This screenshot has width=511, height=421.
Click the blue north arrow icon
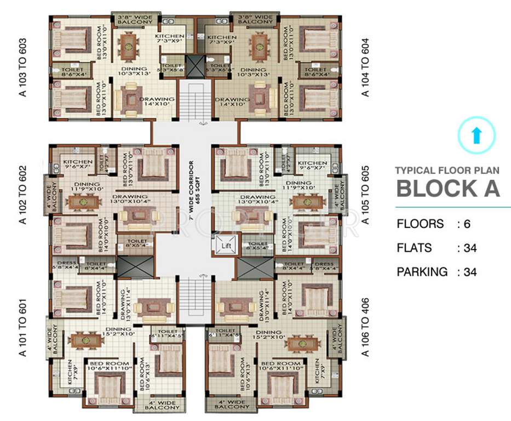click(x=476, y=135)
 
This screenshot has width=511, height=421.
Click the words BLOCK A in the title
click(x=448, y=188)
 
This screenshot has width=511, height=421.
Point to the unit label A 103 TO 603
click(x=22, y=67)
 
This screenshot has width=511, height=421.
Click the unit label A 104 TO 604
click(x=366, y=67)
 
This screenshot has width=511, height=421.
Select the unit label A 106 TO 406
click(x=366, y=327)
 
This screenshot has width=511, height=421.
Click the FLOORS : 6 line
click(x=433, y=224)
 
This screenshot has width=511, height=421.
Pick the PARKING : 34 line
click(x=437, y=272)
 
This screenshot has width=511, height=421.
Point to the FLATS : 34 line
click(x=437, y=248)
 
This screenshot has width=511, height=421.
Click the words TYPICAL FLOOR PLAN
click(x=447, y=170)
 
